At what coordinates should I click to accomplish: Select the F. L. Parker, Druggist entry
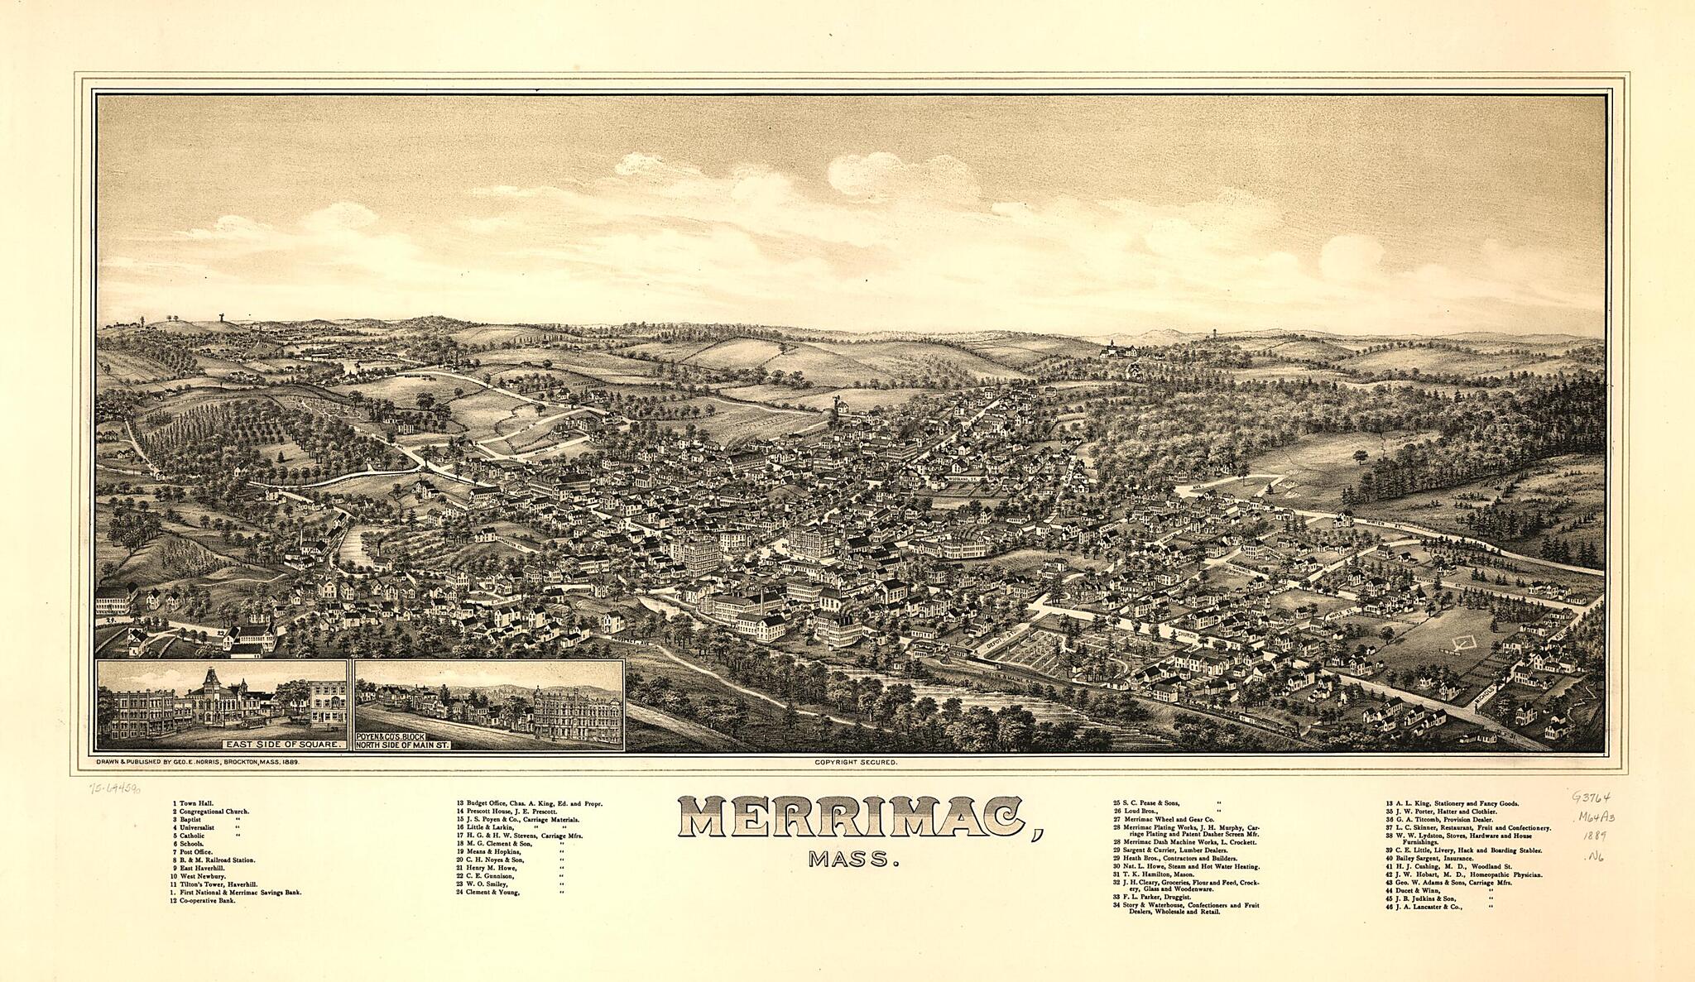coord(1155,897)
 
